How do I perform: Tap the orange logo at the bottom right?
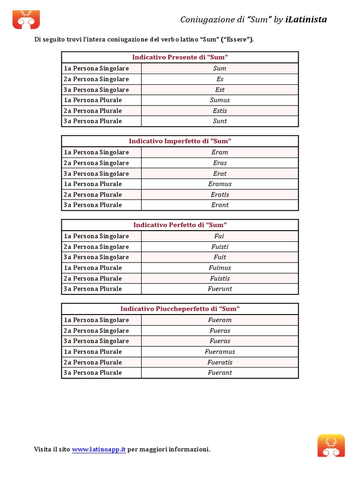click(x=331, y=445)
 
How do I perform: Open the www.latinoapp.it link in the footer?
click(x=99, y=450)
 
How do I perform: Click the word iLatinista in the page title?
click(x=306, y=19)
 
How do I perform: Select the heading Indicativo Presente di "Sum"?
click(x=180, y=57)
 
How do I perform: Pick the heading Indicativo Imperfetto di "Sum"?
click(x=180, y=141)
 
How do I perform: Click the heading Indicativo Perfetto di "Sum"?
click(x=180, y=225)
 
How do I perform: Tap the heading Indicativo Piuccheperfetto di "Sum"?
click(x=180, y=309)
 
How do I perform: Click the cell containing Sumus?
click(x=220, y=100)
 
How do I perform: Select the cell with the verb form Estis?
click(x=220, y=111)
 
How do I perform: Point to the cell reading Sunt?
click(x=220, y=121)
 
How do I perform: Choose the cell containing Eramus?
click(x=220, y=184)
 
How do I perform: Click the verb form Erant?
click(x=220, y=205)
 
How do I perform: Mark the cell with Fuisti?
click(x=220, y=247)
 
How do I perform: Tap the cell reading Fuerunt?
click(x=220, y=289)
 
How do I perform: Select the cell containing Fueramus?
click(x=220, y=352)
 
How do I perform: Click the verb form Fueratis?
click(x=220, y=362)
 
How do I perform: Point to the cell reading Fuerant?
click(x=220, y=373)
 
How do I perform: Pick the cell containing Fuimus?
click(x=220, y=268)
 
